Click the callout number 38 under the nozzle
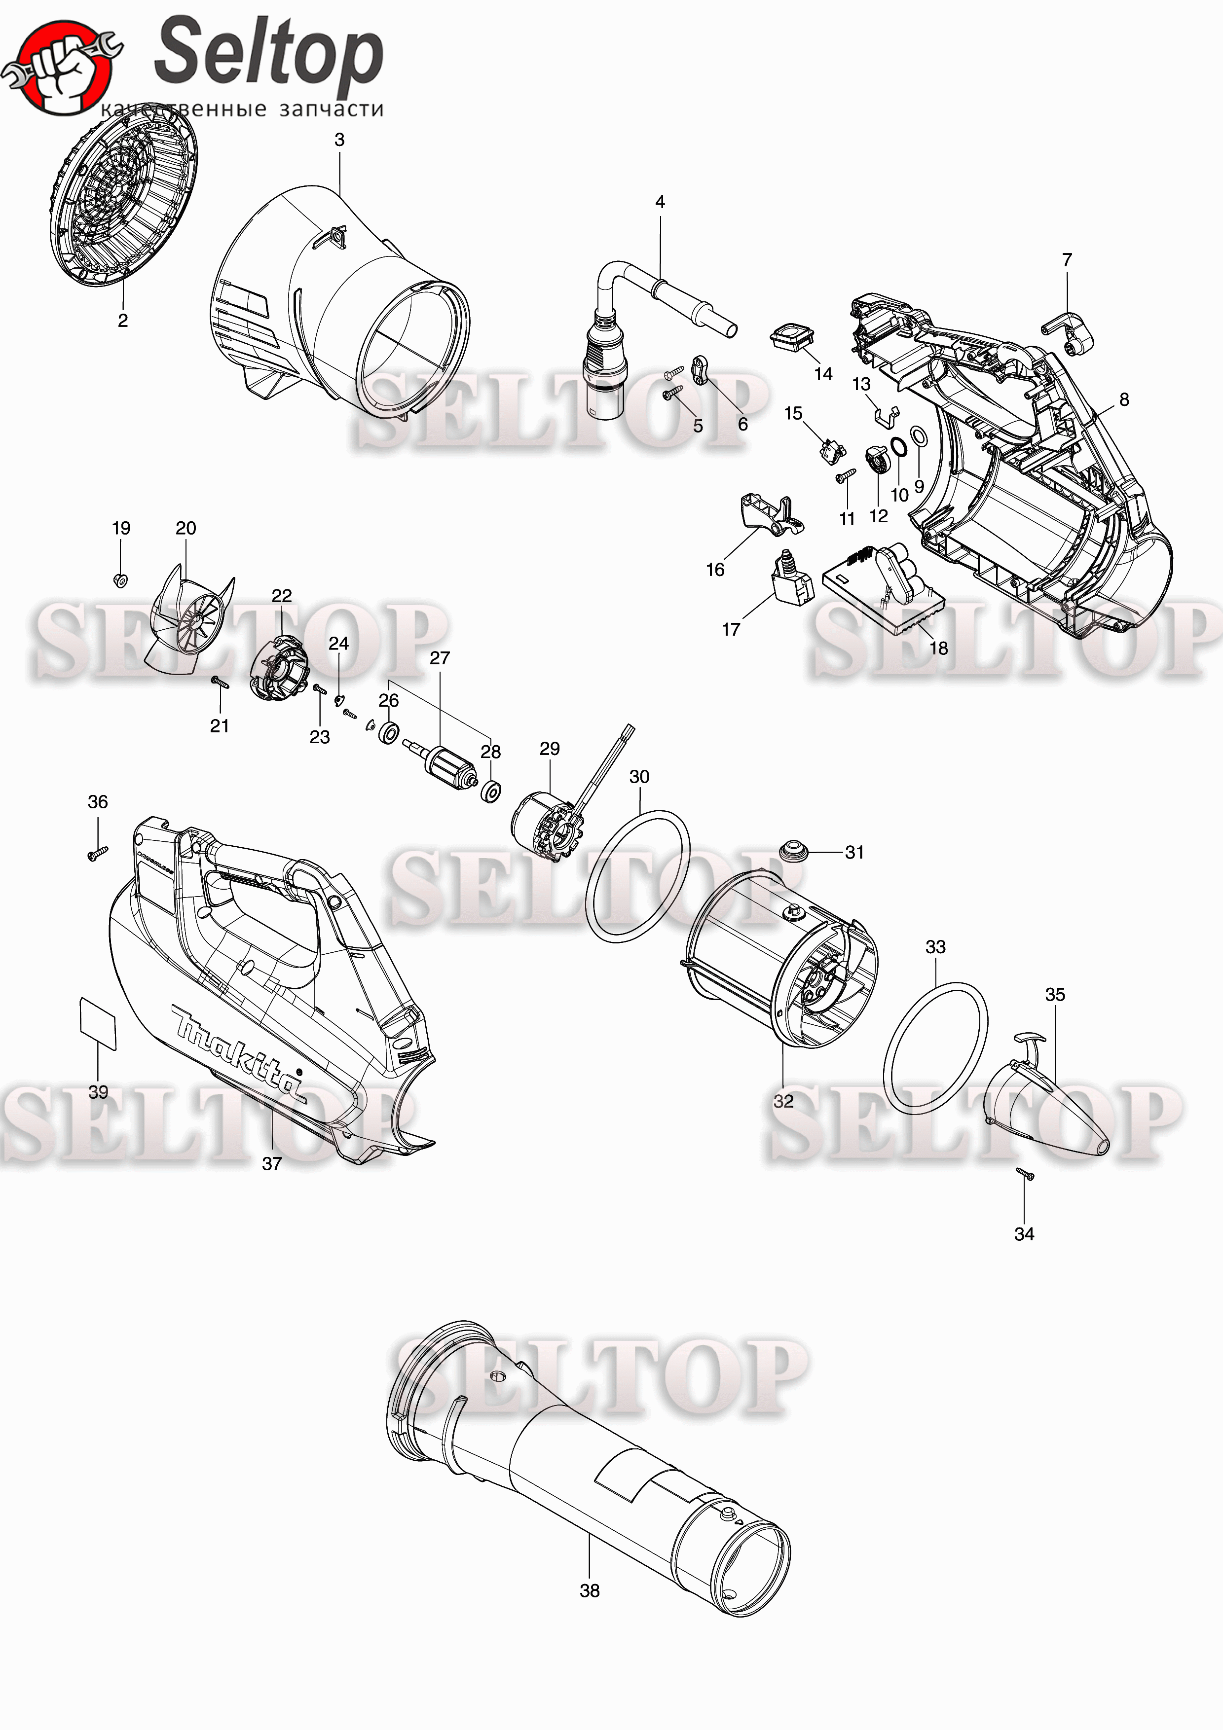tap(589, 1590)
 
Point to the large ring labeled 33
tap(934, 1048)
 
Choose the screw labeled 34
tap(1025, 1174)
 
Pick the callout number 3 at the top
tap(339, 140)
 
